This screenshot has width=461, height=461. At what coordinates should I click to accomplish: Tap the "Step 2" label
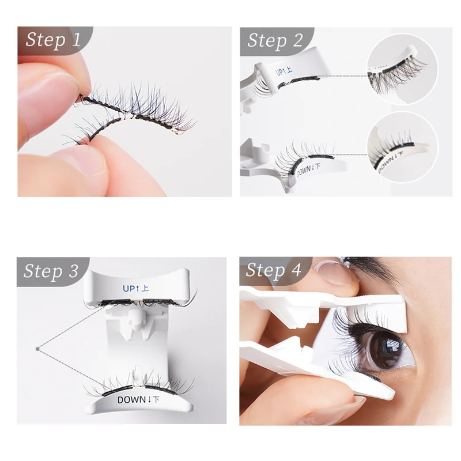click(x=275, y=40)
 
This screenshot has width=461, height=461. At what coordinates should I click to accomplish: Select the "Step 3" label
click(x=51, y=271)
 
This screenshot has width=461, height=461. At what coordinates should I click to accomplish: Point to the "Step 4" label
click(x=274, y=270)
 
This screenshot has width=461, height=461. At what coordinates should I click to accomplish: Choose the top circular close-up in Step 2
click(x=402, y=70)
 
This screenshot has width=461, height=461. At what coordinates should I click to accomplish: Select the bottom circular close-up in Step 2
click(x=402, y=147)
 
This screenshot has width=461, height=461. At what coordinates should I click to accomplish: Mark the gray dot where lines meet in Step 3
click(x=37, y=348)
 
